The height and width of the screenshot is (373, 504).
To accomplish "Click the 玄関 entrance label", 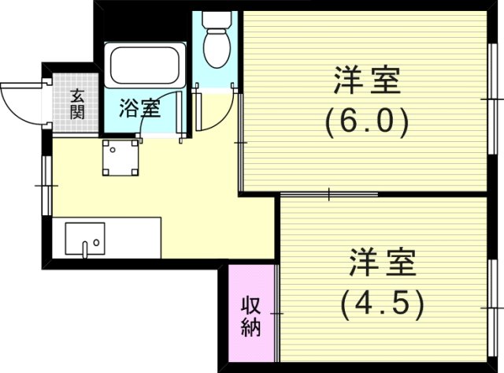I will tap(77, 103).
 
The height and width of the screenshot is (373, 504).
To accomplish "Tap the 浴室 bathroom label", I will tap(140, 109).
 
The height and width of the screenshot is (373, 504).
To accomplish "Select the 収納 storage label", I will tap(251, 315).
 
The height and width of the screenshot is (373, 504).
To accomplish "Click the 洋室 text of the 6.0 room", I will tap(367, 82).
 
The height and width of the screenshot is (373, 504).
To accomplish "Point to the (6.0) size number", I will tap(367, 121).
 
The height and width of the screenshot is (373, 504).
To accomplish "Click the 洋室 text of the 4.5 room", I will tap(383, 262).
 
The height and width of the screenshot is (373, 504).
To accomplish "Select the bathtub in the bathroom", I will tap(146, 67).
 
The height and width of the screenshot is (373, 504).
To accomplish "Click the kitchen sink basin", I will tap(84, 238).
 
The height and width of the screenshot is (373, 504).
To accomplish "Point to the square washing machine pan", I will tap(120, 158).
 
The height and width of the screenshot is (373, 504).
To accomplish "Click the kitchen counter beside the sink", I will tap(134, 237).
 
